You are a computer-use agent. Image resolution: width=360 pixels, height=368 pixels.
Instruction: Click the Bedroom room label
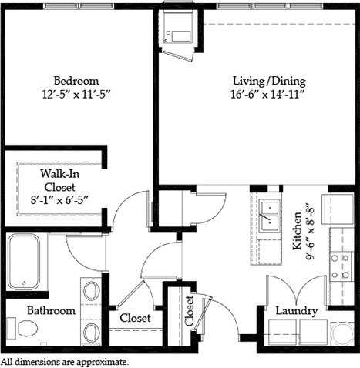click(x=76, y=81)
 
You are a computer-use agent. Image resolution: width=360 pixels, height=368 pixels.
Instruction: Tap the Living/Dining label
click(x=269, y=81)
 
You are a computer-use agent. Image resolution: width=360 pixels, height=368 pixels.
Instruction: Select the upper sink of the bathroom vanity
click(x=91, y=292)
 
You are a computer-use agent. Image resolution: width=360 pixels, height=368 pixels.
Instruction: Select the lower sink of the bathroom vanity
click(x=91, y=332)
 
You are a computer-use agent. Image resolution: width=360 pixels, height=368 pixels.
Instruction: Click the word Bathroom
click(x=51, y=311)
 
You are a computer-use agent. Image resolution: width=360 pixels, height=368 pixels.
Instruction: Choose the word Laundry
click(x=297, y=311)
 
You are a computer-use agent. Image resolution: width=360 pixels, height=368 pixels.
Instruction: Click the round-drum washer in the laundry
click(x=341, y=333)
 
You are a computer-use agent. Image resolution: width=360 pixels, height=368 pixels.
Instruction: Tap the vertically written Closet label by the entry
click(x=190, y=312)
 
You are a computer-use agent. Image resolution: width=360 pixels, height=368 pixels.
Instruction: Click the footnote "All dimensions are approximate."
click(x=65, y=361)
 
